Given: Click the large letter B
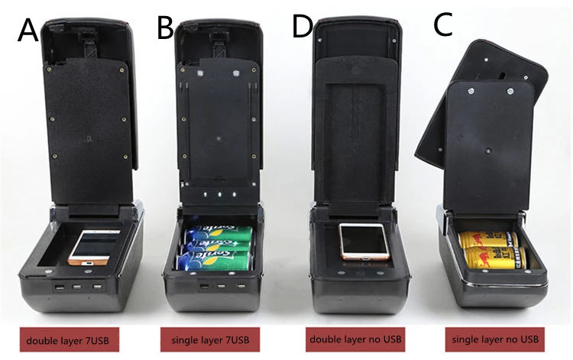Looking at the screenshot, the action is point(165,28).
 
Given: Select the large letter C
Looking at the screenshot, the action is point(444,24).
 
